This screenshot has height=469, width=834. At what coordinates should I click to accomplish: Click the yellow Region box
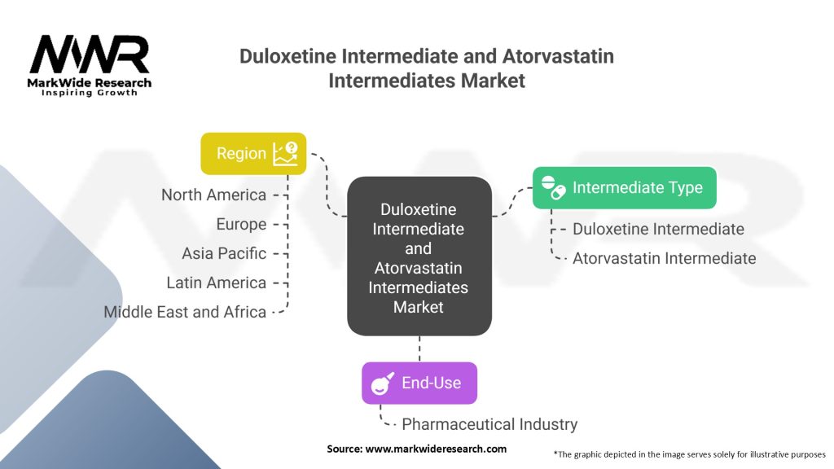(253, 153)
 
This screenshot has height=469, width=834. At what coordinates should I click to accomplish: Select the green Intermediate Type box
(624, 187)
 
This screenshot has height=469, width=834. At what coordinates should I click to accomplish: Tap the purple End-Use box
(419, 383)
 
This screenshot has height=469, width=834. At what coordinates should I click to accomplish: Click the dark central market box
(419, 256)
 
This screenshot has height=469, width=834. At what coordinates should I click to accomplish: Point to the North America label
(213, 195)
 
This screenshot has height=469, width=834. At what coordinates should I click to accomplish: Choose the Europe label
(241, 224)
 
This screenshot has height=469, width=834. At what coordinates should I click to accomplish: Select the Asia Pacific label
(224, 253)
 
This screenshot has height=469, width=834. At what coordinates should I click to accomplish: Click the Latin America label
(216, 283)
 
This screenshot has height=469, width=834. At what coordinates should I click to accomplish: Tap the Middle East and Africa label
(185, 312)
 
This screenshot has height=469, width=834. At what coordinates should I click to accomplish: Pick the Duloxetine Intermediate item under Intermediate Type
(658, 229)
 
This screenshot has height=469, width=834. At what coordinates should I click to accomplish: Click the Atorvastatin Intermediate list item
(664, 258)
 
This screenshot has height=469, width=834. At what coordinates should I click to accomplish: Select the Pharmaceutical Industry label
(489, 424)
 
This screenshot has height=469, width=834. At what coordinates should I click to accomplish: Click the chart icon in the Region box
(286, 152)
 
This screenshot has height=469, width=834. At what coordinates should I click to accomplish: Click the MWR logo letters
(90, 55)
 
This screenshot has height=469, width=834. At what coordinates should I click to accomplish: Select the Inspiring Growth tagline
(90, 93)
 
